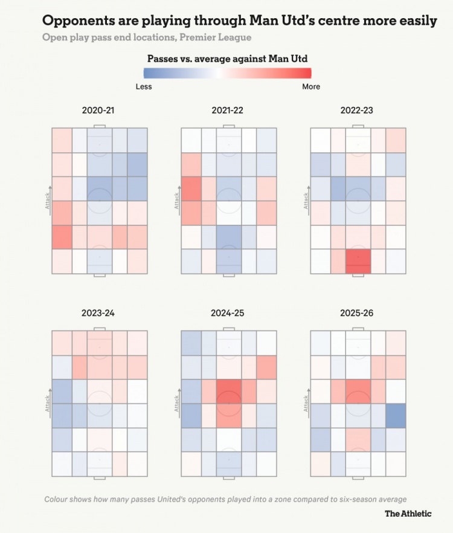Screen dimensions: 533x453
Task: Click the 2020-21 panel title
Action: tap(98, 111)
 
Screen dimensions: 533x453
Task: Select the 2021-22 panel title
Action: tap(228, 111)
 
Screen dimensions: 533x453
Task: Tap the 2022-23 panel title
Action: tap(357, 111)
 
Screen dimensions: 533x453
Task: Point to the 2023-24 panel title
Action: tap(98, 313)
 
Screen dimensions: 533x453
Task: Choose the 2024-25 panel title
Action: tap(228, 313)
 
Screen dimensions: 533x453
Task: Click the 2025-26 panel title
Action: tap(357, 313)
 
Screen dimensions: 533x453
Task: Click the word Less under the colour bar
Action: tap(144, 86)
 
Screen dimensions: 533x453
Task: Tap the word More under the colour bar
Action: tap(311, 86)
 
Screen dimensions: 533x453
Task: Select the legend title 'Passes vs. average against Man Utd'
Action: tap(228, 59)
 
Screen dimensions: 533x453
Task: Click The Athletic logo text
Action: tap(408, 513)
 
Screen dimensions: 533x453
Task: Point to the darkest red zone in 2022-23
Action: tap(358, 261)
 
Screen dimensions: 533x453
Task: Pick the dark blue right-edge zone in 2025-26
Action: tap(396, 416)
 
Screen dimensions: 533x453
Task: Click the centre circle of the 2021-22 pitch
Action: tap(229, 201)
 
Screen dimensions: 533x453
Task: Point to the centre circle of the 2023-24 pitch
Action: tap(100, 404)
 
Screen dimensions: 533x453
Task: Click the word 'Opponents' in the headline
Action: tap(78, 21)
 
